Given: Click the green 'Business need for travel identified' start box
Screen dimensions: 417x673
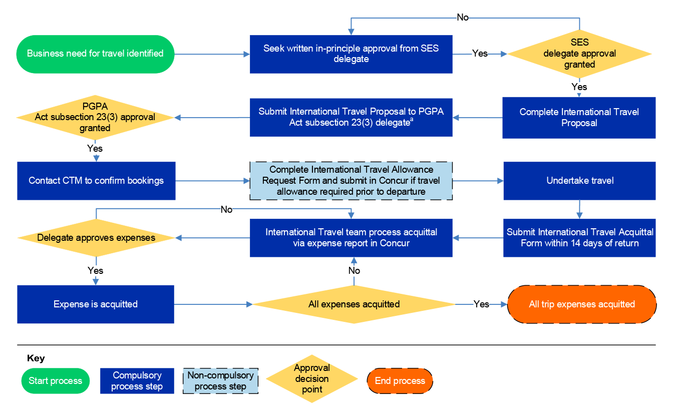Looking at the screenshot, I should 95,54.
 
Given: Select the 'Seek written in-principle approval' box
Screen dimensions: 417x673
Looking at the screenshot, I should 351,54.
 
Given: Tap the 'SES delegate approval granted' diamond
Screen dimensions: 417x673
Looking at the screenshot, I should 579,54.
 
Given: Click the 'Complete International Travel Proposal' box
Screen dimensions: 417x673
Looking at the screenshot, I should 579,118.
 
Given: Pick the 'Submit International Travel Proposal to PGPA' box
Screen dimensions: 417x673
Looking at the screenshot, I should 351,117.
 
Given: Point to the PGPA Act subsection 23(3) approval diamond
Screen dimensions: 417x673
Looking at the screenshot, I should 95,118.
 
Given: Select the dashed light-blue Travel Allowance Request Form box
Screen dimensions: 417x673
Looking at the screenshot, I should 351,181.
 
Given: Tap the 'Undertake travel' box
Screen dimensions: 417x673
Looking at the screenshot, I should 579,181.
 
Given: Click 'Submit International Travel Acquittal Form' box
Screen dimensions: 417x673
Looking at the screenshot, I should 579,238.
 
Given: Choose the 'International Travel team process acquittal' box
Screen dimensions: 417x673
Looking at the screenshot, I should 351,238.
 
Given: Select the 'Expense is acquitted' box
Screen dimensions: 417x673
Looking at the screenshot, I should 96,304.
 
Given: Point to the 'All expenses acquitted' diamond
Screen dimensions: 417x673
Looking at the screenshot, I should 354,304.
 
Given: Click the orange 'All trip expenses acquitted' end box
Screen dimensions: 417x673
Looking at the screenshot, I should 581,304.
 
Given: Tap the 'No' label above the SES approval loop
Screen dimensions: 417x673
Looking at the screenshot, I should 463,18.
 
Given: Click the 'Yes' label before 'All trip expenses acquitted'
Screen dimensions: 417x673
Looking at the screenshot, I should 481,304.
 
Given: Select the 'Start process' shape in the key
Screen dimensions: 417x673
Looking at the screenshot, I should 55,381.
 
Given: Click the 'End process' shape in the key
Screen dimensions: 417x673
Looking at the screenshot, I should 400,381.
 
